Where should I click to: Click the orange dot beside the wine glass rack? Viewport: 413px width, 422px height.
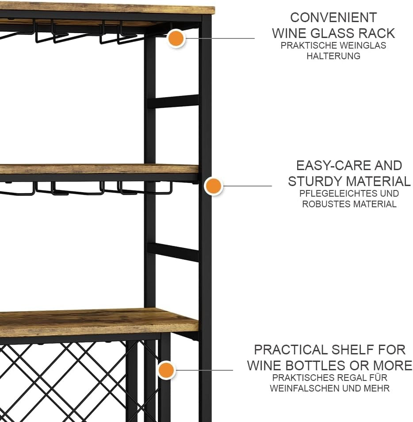pos(176,38)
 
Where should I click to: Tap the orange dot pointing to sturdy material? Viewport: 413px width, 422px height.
pos(213,186)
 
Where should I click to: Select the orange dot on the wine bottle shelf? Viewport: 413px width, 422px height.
pos(166,370)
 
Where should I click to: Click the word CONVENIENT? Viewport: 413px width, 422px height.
pos(333,18)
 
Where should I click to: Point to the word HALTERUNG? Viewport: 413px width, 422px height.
pos(333,56)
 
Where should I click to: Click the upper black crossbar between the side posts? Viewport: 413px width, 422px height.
pos(174,101)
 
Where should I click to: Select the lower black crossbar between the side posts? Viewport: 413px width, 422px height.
pos(174,251)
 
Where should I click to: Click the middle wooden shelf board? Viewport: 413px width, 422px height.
pos(99,169)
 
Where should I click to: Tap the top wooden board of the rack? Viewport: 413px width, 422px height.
pos(107,8)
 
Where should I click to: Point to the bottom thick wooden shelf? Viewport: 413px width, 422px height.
pos(99,322)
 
